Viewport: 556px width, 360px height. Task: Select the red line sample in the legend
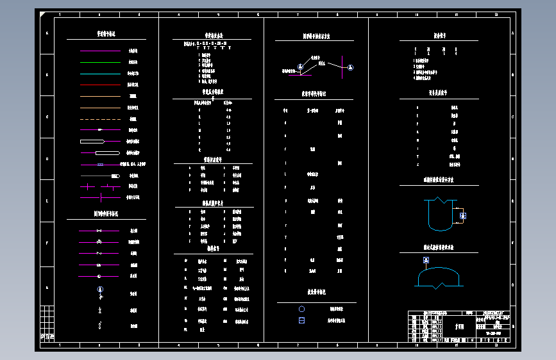click(100, 85)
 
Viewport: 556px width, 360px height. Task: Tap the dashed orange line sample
click(100, 119)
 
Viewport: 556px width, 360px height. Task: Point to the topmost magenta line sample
click(100, 130)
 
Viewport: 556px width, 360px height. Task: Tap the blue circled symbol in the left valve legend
click(99, 290)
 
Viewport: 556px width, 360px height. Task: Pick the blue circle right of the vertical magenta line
click(351, 67)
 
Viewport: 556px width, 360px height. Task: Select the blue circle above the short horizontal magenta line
click(299, 67)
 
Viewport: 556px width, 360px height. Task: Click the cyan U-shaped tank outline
click(438, 215)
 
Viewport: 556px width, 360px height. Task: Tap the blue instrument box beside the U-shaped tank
click(463, 216)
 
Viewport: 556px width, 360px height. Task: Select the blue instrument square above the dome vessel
click(425, 261)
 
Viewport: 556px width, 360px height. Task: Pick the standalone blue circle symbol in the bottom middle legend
click(301, 309)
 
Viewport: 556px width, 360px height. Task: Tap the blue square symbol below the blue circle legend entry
click(301, 320)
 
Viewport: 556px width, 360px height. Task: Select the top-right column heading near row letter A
click(439, 36)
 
